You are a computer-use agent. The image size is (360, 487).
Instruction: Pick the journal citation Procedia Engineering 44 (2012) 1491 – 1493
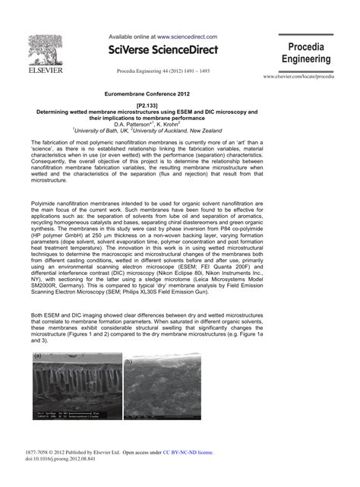(x=163, y=70)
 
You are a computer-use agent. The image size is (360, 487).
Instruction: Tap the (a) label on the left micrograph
(x=37, y=355)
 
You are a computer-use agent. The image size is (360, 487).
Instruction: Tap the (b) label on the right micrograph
(x=128, y=362)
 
